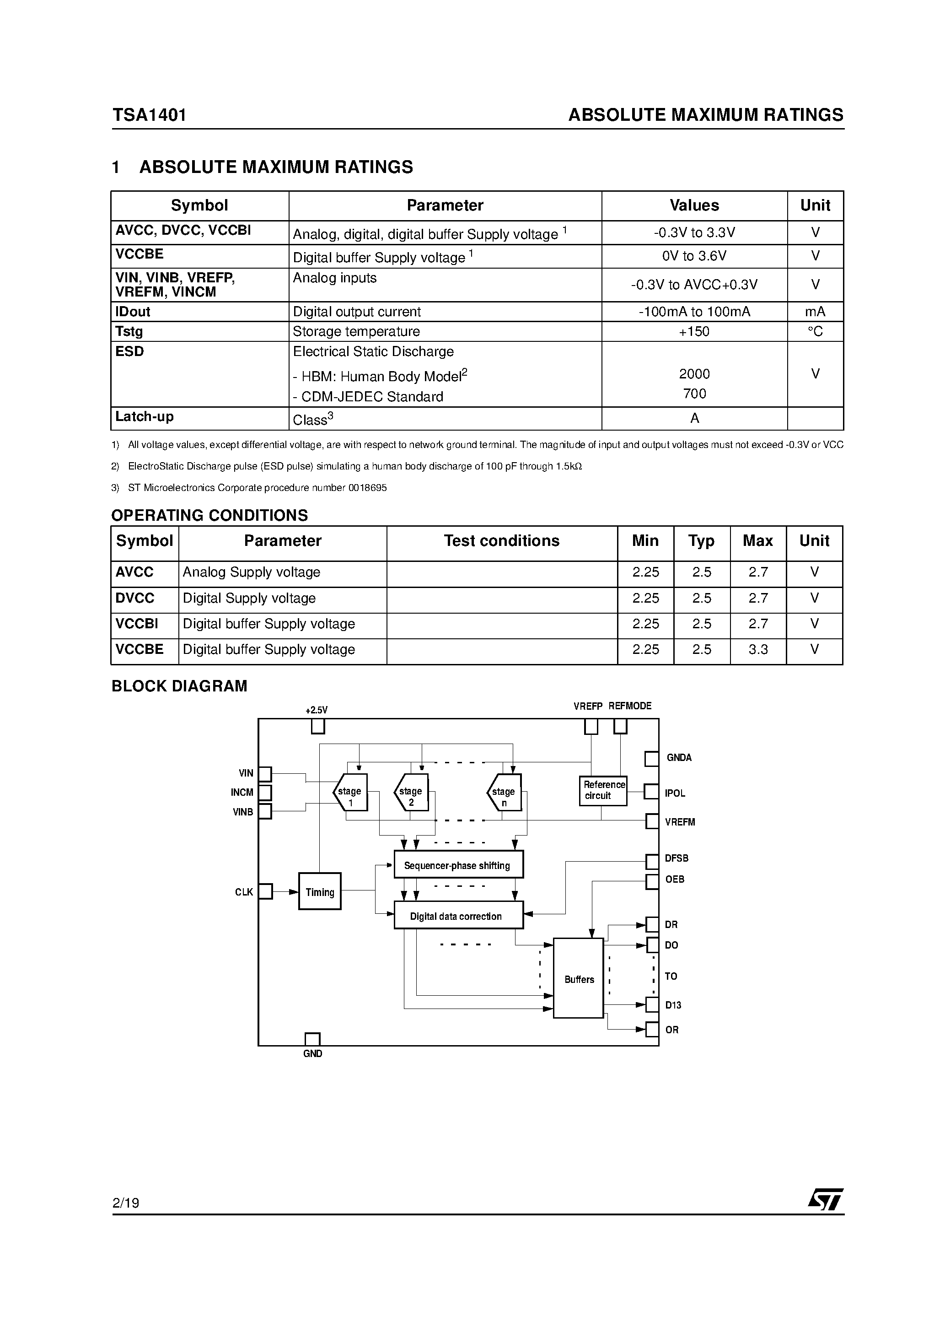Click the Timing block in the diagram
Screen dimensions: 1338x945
(x=319, y=891)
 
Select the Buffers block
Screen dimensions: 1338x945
(x=579, y=979)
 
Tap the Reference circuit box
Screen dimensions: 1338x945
(x=603, y=790)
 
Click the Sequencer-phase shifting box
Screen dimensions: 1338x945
(x=458, y=865)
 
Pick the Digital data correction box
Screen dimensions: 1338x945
(x=458, y=916)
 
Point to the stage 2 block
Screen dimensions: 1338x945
(x=411, y=793)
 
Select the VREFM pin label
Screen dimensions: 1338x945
(x=680, y=822)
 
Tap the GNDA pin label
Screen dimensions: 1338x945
(x=679, y=758)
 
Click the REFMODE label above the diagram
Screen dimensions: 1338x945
(x=630, y=706)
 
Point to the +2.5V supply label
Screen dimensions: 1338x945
(x=317, y=710)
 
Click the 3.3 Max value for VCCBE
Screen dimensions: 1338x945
(x=757, y=649)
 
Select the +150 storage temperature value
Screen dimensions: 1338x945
(x=694, y=332)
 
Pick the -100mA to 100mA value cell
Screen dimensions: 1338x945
(x=694, y=312)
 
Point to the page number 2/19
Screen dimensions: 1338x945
(x=126, y=1203)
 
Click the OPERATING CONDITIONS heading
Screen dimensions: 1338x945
(x=210, y=515)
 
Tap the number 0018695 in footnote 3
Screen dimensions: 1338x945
(x=368, y=488)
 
